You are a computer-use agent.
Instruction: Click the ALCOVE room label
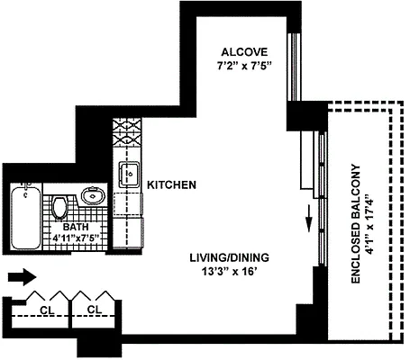point(241,51)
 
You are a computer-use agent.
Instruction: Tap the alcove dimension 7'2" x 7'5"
point(241,66)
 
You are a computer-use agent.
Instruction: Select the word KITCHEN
point(172,184)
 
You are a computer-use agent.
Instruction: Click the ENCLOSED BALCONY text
point(355,224)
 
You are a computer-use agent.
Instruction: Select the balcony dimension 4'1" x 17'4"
point(370,225)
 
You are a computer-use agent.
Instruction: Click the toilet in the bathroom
point(59,207)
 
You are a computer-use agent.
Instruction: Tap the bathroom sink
point(92,194)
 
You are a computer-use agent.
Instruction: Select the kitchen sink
point(127,171)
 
